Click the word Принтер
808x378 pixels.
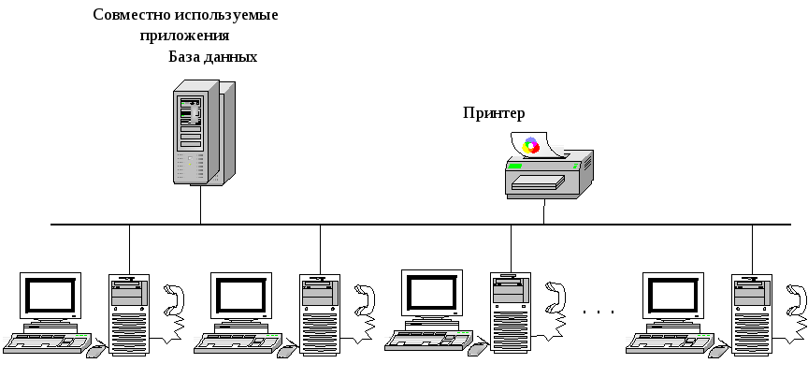pyautogui.click(x=494, y=113)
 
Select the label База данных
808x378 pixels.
pyautogui.click(x=213, y=56)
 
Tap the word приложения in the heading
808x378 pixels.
pyautogui.click(x=185, y=36)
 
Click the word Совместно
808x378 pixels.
pyautogui.click(x=132, y=14)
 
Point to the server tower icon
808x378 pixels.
pyautogui.click(x=204, y=132)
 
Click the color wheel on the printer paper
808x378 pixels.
pyautogui.click(x=530, y=146)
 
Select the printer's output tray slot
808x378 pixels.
pyautogui.click(x=538, y=182)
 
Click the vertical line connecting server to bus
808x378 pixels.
pyautogui.click(x=200, y=204)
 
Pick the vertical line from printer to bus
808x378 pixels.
pyautogui.click(x=543, y=211)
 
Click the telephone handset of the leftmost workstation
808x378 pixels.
pyautogui.click(x=174, y=299)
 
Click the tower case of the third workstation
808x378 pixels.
pyautogui.click(x=511, y=313)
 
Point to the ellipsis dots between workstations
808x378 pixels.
pyautogui.click(x=599, y=312)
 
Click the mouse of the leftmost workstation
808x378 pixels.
pyautogui.click(x=96, y=351)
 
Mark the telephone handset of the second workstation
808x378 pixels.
pyautogui.click(x=365, y=299)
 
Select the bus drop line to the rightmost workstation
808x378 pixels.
pyautogui.click(x=752, y=249)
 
